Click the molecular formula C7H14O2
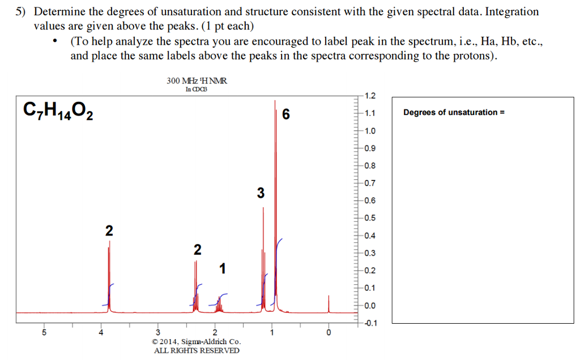(58, 111)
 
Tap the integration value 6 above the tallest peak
(285, 115)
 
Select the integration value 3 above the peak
(260, 193)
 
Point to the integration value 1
(223, 268)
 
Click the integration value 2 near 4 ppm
(109, 231)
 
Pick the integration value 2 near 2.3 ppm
(197, 250)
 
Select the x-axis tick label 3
(158, 332)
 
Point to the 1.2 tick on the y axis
(370, 96)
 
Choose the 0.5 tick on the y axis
(370, 218)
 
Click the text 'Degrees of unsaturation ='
(454, 112)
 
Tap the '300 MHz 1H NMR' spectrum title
(197, 81)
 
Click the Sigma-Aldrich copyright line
(197, 342)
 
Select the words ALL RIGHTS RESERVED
(197, 350)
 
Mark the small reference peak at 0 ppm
(329, 304)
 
